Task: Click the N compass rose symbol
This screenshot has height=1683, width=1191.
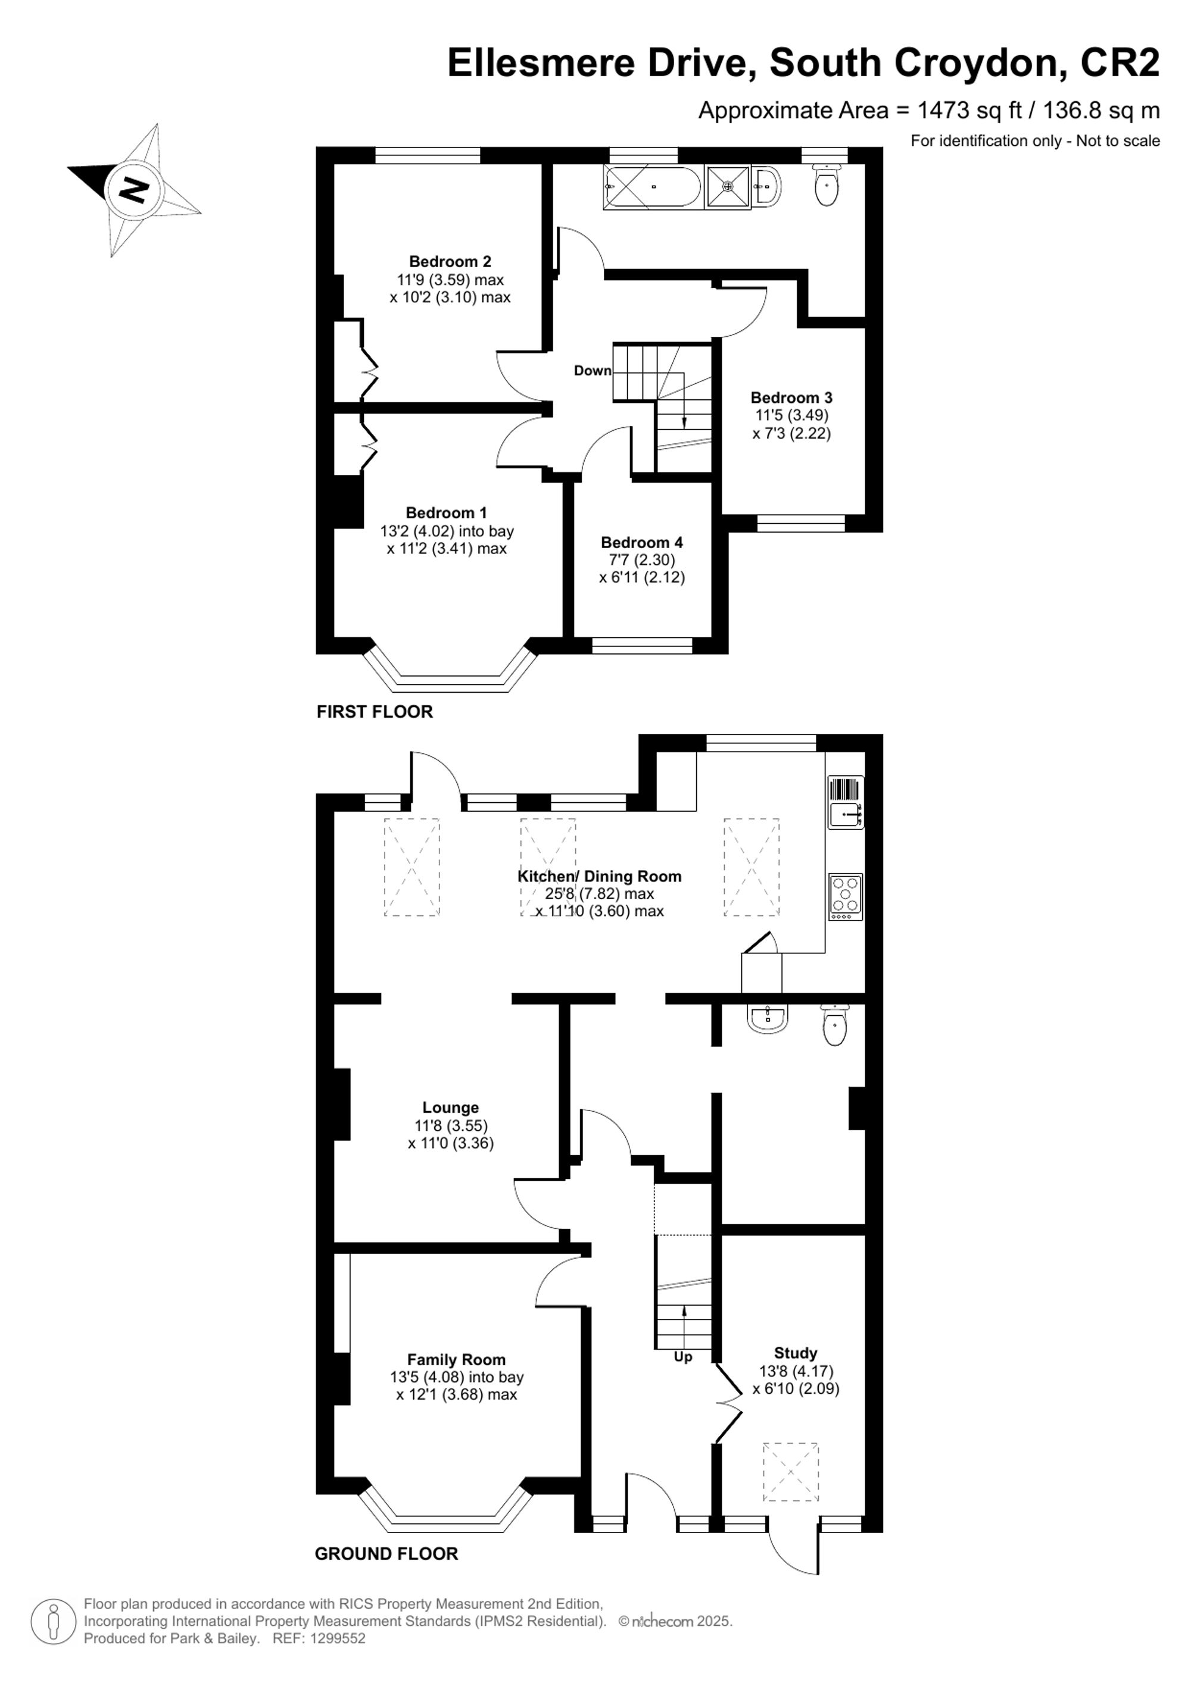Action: pos(134,190)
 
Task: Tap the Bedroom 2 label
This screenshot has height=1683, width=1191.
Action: pos(450,262)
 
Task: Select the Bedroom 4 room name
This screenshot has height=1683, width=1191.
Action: pos(642,542)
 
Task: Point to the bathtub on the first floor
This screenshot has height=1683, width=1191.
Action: pos(652,187)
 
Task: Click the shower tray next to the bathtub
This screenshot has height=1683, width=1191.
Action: pos(728,186)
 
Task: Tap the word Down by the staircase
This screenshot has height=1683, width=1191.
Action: pos(592,371)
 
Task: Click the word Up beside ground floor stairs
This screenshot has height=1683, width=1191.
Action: pos(683,1357)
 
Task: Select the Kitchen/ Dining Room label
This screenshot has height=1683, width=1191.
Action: pos(599,876)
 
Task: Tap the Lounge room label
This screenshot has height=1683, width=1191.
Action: pos(450,1108)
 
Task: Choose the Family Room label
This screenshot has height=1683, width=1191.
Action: pos(456,1360)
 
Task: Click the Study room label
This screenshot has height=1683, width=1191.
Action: pos(795,1353)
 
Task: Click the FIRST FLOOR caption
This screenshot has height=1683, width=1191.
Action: pos(374,712)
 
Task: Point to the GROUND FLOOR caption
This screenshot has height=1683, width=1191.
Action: pos(386,1553)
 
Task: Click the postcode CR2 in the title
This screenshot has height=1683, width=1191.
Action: pos(1120,63)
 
